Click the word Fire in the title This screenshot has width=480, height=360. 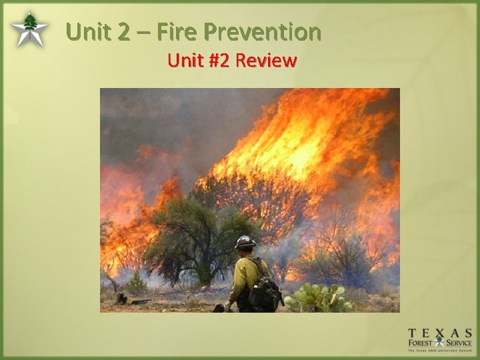tap(179, 31)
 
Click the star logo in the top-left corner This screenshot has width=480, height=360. tap(29, 30)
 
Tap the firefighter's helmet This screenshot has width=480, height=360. tap(245, 241)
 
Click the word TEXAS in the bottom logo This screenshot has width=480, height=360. tap(440, 333)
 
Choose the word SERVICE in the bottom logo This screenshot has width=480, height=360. tap(458, 344)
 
